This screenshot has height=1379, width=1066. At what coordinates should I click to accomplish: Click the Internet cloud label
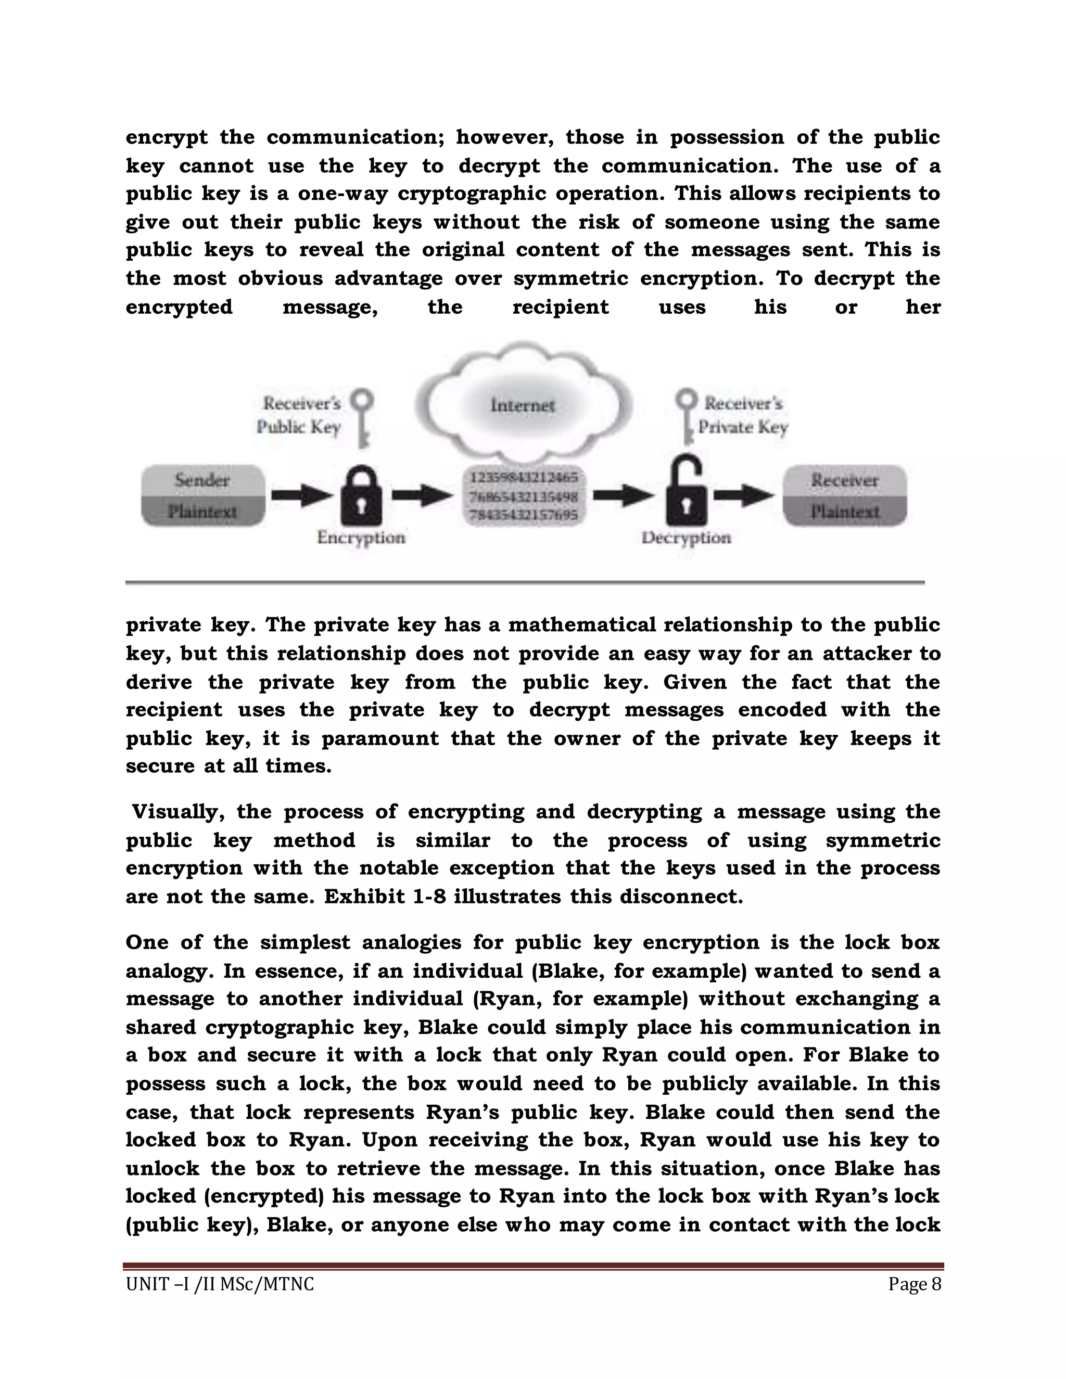(523, 405)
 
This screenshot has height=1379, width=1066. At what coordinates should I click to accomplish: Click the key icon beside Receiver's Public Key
(362, 417)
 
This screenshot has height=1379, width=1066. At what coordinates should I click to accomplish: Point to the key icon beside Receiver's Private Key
(687, 417)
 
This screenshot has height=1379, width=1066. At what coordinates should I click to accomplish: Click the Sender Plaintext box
(202, 495)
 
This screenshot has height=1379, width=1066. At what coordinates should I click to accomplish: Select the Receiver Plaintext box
(845, 495)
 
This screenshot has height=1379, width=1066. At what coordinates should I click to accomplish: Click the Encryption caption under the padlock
(361, 538)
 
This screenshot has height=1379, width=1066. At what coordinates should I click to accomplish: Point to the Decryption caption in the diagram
(687, 538)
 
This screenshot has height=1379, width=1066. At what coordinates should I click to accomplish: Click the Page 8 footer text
(915, 1284)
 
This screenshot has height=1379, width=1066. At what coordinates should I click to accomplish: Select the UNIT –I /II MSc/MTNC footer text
(220, 1284)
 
